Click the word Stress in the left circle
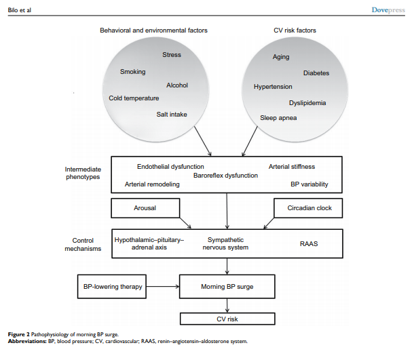pyautogui.click(x=172, y=55)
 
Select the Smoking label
pyautogui.click(x=133, y=72)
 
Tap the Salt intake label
pyautogui.click(x=172, y=115)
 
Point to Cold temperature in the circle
pyautogui.click(x=134, y=98)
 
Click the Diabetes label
pyautogui.click(x=316, y=73)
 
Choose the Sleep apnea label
pyautogui.click(x=278, y=118)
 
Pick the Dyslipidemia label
pyautogui.click(x=307, y=103)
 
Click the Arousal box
pyautogui.click(x=145, y=208)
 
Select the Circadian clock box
pyautogui.click(x=308, y=208)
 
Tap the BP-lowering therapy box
pyautogui.click(x=112, y=287)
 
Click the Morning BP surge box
pyautogui.click(x=227, y=287)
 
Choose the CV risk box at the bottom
pyautogui.click(x=227, y=319)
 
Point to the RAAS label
pyautogui.click(x=309, y=243)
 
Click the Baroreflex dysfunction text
pyautogui.click(x=225, y=176)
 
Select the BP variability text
pyautogui.click(x=309, y=184)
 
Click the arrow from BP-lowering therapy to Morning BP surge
pyautogui.click(x=163, y=287)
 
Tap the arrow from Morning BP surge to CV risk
pyautogui.click(x=227, y=306)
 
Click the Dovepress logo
pyautogui.click(x=388, y=10)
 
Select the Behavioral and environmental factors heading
pyautogui.click(x=153, y=31)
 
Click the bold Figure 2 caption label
pyautogui.click(x=19, y=334)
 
